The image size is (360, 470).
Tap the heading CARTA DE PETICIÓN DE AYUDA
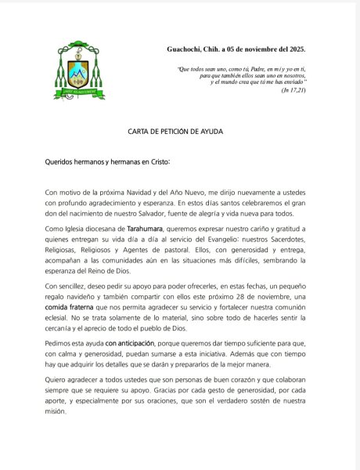(x=179, y=132)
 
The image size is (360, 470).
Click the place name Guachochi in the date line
(x=185, y=49)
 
